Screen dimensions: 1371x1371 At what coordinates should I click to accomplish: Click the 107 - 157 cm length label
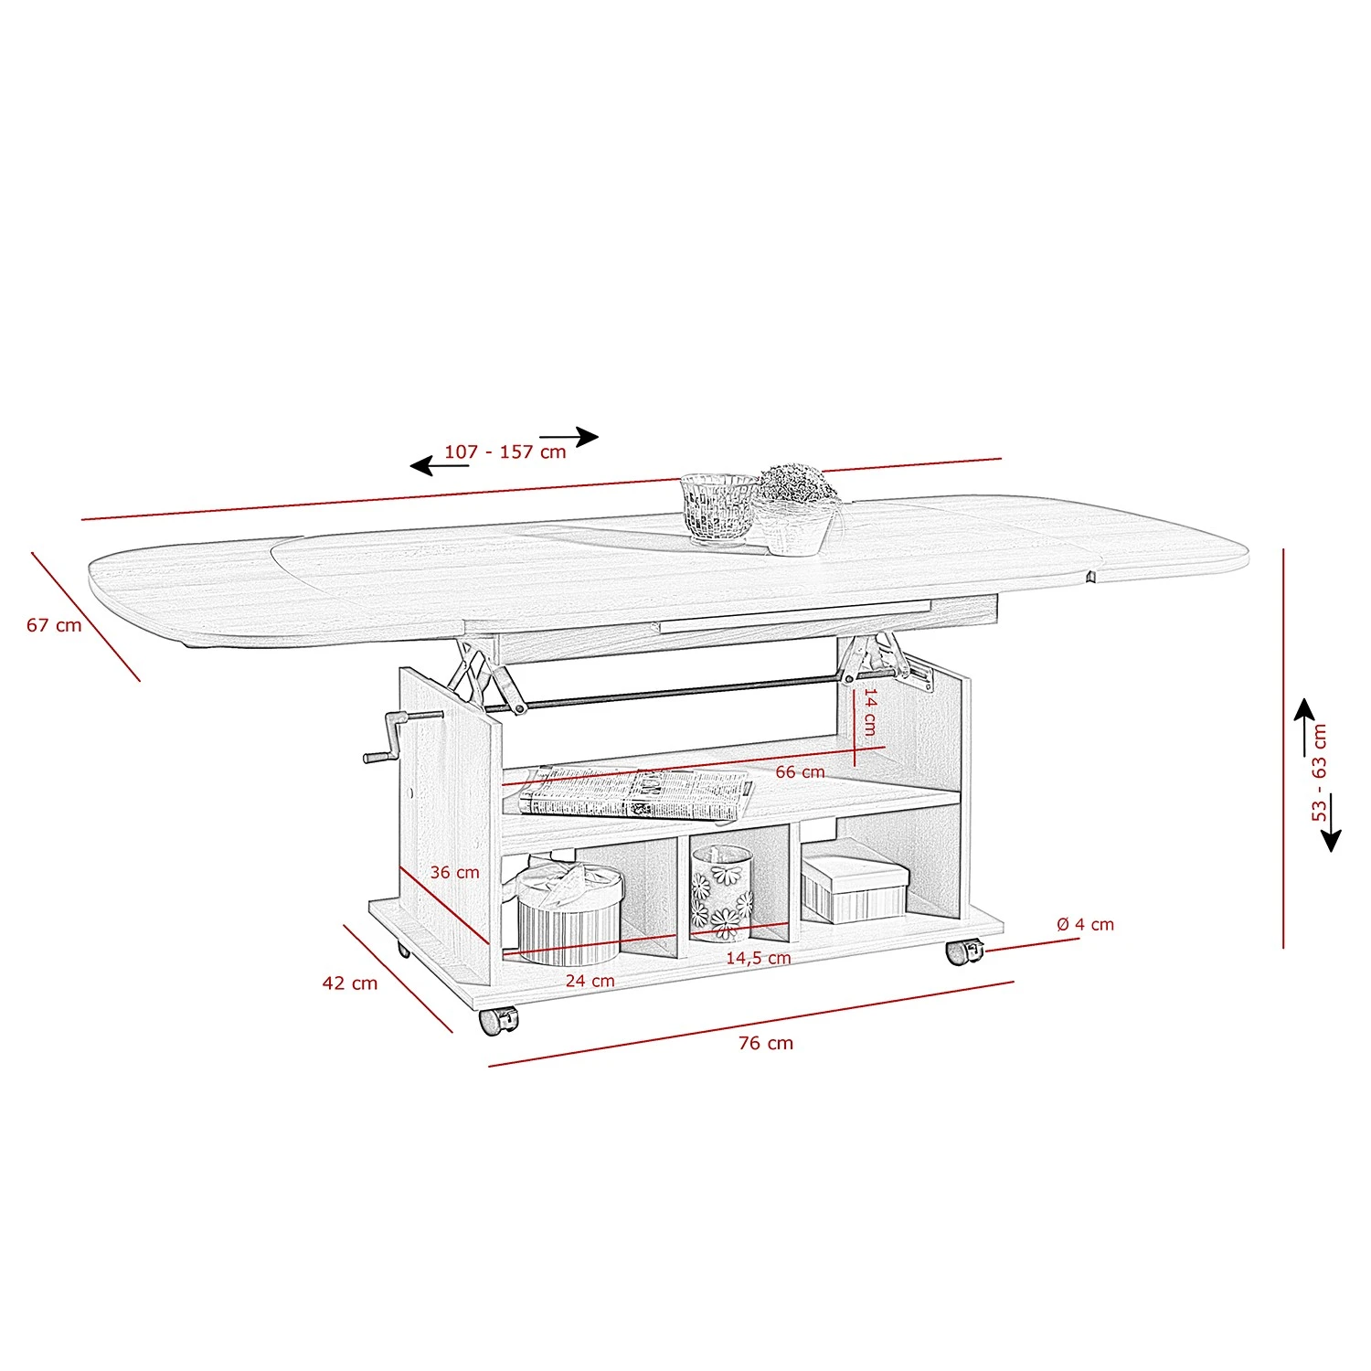click(x=505, y=452)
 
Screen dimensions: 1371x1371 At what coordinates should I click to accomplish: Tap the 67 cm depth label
click(x=54, y=625)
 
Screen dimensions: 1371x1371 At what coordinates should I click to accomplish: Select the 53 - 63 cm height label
click(x=1319, y=772)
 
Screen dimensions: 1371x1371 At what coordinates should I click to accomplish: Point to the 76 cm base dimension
click(x=766, y=1043)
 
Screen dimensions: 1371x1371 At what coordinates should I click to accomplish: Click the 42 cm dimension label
click(x=349, y=983)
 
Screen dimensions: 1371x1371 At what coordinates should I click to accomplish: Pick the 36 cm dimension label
click(x=454, y=872)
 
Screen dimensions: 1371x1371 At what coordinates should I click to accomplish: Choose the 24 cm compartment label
click(x=590, y=981)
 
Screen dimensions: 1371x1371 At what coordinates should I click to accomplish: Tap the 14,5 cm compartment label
click(x=758, y=958)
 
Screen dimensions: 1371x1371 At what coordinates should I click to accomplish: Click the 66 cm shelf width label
click(x=800, y=772)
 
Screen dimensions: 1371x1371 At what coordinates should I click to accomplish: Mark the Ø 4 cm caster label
click(x=1085, y=924)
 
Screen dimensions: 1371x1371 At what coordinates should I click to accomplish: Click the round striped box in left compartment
click(x=569, y=914)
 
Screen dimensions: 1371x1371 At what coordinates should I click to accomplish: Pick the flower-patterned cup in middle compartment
click(x=721, y=893)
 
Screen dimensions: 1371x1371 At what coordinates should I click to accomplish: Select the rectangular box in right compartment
click(x=855, y=888)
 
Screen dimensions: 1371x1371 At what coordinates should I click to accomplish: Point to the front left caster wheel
click(x=497, y=1021)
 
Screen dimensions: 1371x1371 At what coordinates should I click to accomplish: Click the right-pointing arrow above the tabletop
click(x=569, y=437)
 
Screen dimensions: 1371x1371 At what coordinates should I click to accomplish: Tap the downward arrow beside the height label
click(x=1331, y=823)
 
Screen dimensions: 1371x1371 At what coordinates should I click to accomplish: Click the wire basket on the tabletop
click(x=719, y=508)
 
